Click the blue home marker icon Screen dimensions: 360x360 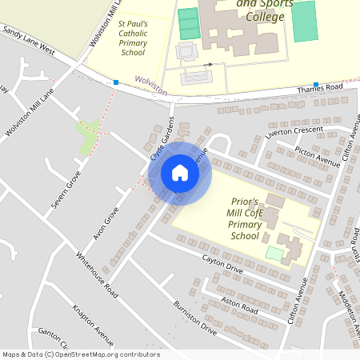coord(180,173)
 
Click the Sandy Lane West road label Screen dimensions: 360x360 coord(29,39)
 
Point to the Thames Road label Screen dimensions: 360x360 coord(320,89)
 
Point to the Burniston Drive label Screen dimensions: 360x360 coord(195,318)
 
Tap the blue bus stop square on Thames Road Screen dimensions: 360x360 coord(316,84)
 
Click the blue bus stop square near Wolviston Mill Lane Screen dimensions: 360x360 coord(116,82)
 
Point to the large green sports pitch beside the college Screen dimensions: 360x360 coord(304,22)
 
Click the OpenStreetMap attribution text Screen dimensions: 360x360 coord(81,354)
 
